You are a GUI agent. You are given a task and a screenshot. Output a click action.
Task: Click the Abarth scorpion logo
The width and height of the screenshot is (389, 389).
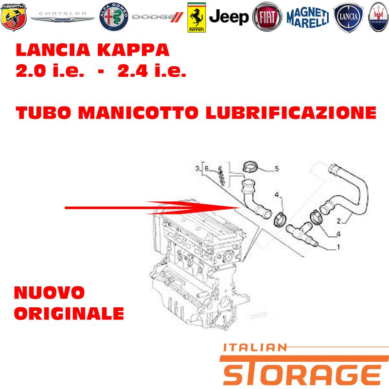click(14, 17)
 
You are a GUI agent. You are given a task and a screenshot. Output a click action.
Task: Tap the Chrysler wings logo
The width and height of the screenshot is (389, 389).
click(63, 17)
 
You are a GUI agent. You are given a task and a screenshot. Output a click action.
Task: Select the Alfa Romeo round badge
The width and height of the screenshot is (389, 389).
click(114, 17)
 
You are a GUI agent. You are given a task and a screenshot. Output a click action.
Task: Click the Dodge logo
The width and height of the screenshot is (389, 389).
click(158, 17)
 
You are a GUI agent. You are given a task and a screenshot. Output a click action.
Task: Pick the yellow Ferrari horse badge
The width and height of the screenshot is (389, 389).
click(196, 18)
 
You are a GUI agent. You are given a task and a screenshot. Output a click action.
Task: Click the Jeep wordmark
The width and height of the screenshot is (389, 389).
click(229, 18)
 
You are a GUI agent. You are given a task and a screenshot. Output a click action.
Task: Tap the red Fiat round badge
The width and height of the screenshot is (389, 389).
click(267, 17)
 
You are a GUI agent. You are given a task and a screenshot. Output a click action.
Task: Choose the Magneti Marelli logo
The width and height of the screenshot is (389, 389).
click(308, 18)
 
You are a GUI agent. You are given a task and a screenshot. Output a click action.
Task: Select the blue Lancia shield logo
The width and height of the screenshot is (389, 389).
click(348, 18)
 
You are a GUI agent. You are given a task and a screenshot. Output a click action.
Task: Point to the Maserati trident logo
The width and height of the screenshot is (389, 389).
click(378, 17)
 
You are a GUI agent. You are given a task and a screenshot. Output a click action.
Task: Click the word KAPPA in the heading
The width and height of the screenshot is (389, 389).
click(133, 50)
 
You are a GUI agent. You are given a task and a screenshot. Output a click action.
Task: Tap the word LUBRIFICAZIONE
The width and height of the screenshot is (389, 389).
click(291, 113)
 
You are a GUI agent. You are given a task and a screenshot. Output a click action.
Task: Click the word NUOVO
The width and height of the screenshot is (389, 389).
click(50, 293)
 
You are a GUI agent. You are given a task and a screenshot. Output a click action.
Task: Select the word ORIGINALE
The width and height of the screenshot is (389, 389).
click(69, 313)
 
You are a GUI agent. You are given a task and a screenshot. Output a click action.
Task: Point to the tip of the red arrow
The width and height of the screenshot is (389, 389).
click(240, 208)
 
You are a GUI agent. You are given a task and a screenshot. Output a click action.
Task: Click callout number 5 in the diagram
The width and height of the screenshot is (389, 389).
click(277, 169)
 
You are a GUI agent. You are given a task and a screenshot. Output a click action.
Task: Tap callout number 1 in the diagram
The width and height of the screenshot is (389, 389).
click(338, 247)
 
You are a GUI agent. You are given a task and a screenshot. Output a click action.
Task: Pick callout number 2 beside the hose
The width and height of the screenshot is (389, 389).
click(339, 221)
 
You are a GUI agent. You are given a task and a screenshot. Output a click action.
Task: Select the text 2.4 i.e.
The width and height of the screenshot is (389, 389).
click(152, 71)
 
